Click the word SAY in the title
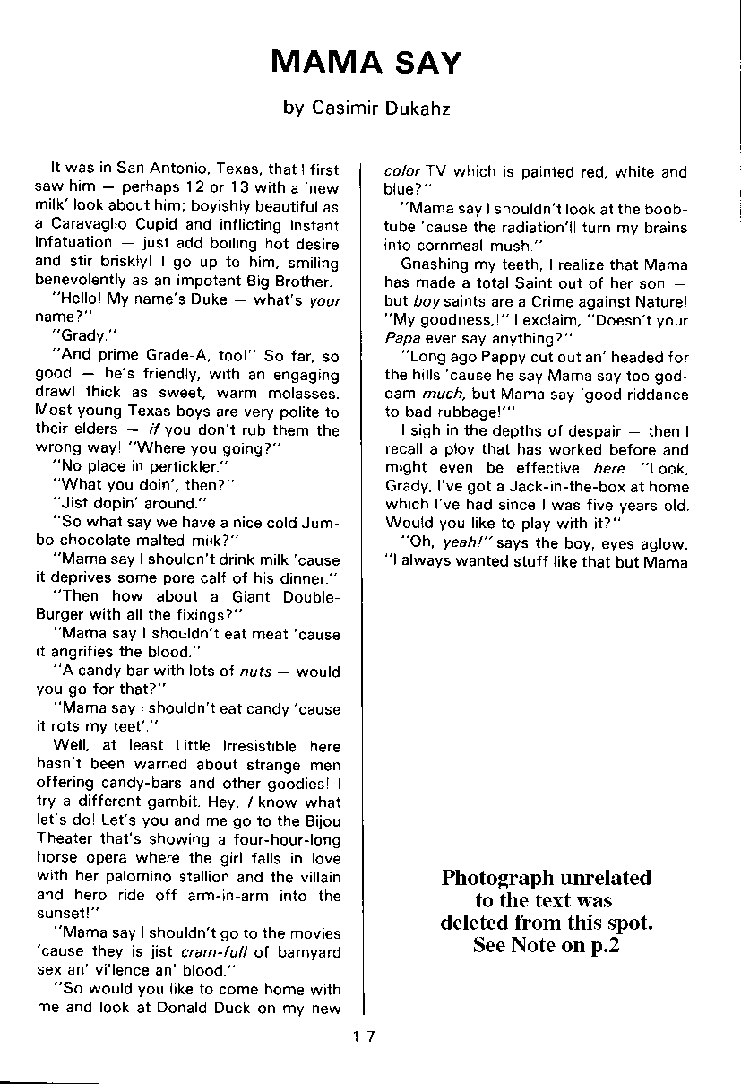(x=426, y=63)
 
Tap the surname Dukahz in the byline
(x=419, y=108)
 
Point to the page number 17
(x=364, y=1036)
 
